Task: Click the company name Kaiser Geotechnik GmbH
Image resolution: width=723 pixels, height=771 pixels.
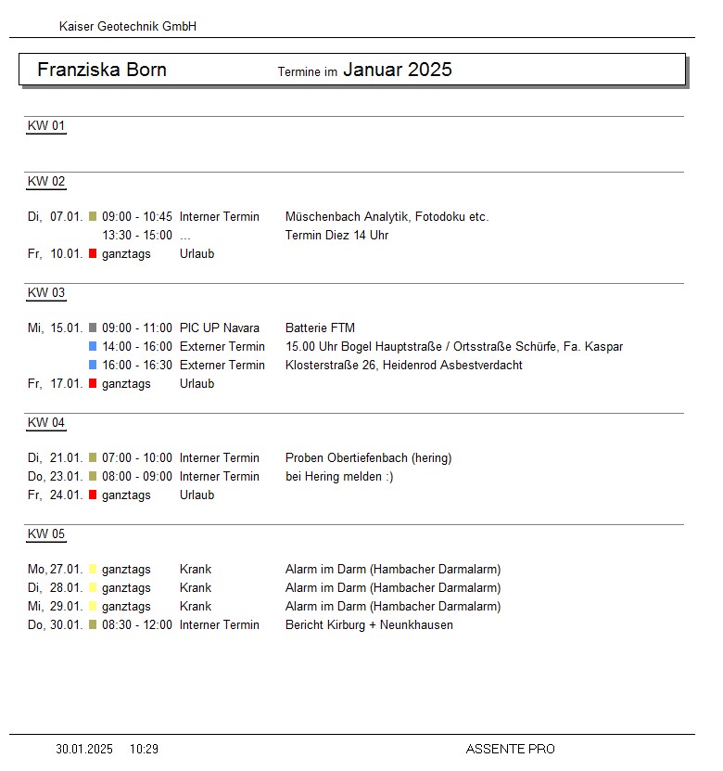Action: [x=128, y=27]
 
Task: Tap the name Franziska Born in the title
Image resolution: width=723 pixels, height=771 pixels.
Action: [x=102, y=71]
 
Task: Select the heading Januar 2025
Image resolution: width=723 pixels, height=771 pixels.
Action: [x=398, y=70]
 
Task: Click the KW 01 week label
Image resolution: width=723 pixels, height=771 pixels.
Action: [x=46, y=126]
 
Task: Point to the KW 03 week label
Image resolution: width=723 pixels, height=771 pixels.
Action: [x=46, y=293]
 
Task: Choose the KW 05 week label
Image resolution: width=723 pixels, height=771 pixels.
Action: [x=46, y=534]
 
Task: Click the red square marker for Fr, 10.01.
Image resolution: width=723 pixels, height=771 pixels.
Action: [x=93, y=253]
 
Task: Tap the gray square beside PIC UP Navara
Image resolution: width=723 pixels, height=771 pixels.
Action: [x=93, y=328]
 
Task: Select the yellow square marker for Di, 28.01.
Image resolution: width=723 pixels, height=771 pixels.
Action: [x=93, y=587]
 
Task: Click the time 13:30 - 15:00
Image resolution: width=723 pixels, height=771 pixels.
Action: [x=137, y=236]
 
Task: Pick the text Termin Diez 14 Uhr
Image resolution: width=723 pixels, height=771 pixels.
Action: [x=336, y=236]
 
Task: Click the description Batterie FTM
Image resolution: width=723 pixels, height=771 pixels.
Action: [x=320, y=328]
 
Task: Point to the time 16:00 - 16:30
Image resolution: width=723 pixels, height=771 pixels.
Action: [x=137, y=366]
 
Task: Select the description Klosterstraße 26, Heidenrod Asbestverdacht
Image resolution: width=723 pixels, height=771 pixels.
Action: [x=403, y=366]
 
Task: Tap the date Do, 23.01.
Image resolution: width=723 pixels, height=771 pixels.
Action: [x=56, y=477]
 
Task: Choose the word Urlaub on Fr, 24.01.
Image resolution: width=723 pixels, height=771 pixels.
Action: [x=197, y=495]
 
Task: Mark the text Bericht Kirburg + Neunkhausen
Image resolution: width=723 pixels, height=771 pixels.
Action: [x=369, y=625]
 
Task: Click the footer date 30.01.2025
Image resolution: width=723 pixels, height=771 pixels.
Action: [x=84, y=749]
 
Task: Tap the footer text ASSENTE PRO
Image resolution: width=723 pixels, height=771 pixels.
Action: [x=510, y=749]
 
